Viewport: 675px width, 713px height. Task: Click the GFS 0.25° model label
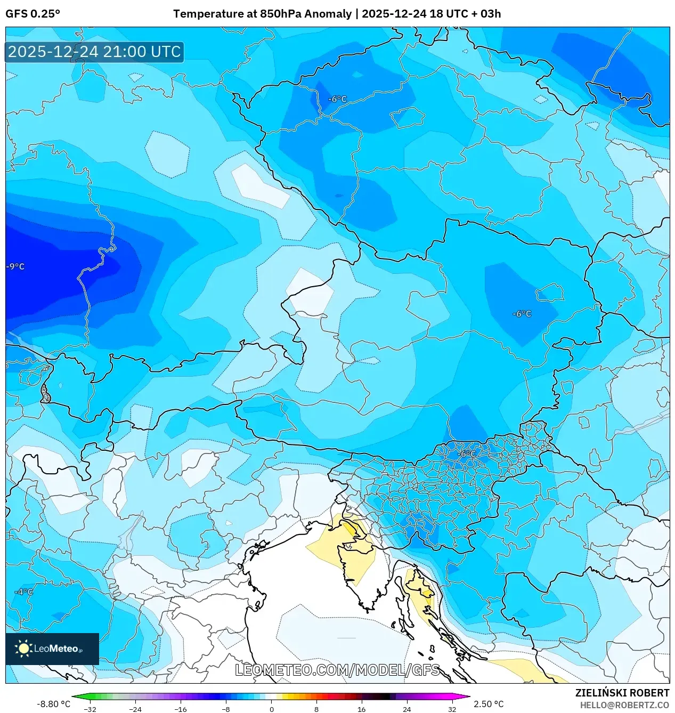[x=32, y=14]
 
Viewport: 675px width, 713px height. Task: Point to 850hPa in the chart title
[x=280, y=14]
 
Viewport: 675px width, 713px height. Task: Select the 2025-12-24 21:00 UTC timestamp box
[x=94, y=52]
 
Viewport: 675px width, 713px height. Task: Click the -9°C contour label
[x=15, y=266]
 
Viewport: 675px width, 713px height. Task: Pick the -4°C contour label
[x=23, y=592]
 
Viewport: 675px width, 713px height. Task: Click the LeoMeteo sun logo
[x=23, y=649]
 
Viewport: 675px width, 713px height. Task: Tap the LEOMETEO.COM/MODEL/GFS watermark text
[x=337, y=670]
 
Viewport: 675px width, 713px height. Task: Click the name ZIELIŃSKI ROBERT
[x=622, y=693]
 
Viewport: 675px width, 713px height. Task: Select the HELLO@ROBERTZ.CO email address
[x=624, y=705]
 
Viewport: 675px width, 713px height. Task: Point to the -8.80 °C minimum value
[x=53, y=704]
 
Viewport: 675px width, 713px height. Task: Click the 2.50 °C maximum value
[x=489, y=704]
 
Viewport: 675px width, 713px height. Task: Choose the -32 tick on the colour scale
[x=90, y=709]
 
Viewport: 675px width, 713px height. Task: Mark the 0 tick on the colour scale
[x=271, y=709]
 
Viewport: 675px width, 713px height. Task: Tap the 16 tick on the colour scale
[x=361, y=709]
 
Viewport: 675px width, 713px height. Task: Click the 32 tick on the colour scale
[x=452, y=709]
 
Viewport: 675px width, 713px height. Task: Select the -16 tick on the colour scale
[x=181, y=709]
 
